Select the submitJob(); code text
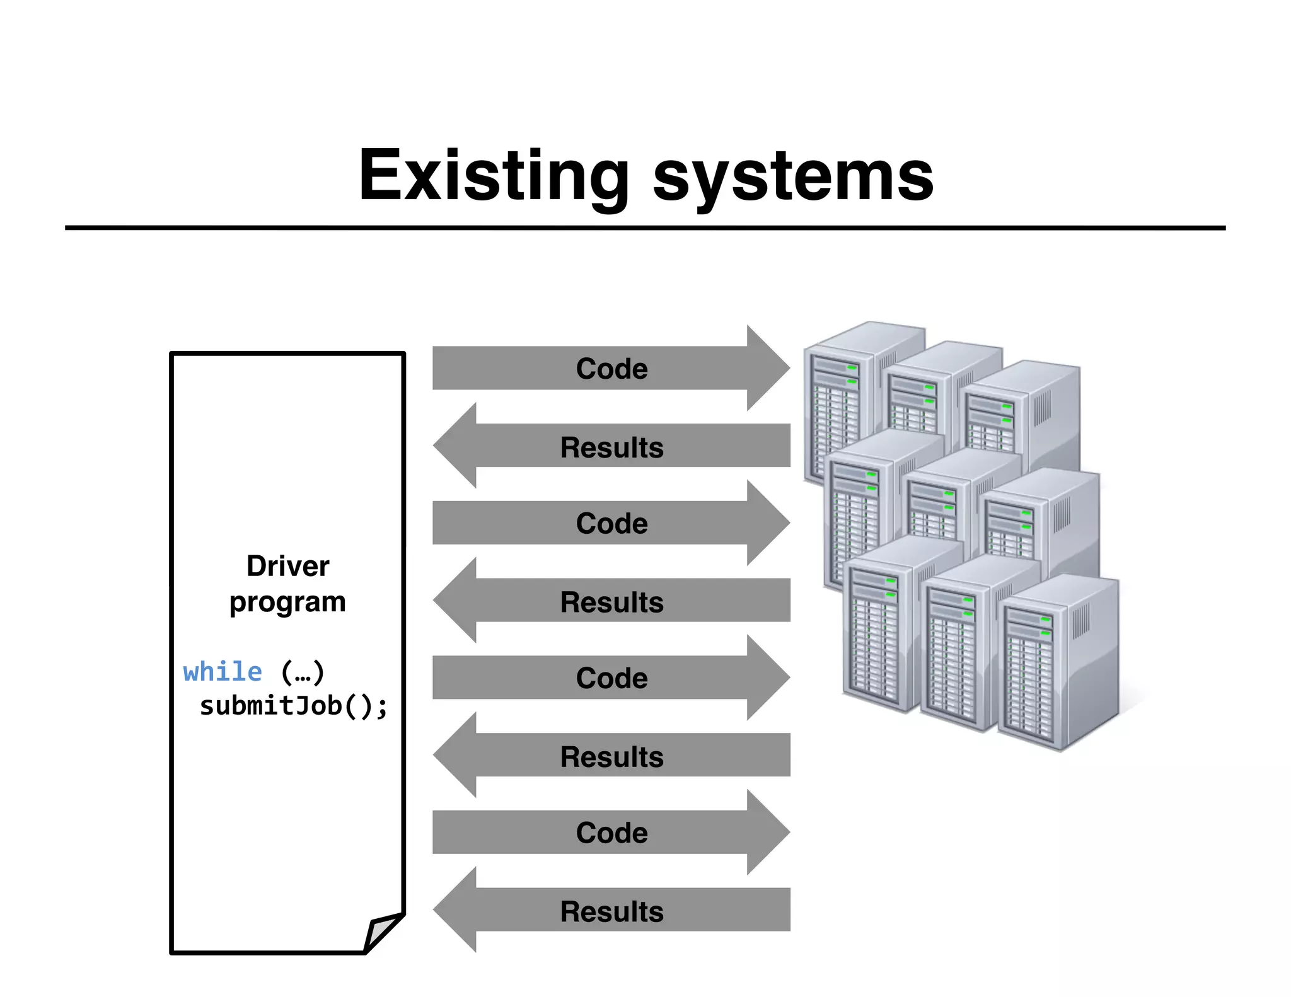click(x=293, y=705)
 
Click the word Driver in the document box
click(x=287, y=565)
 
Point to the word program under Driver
click(x=287, y=602)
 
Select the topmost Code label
click(x=611, y=369)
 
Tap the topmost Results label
click(x=611, y=447)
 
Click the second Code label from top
click(x=611, y=523)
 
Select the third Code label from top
click(x=611, y=678)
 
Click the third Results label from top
click(x=611, y=757)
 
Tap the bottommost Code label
click(x=611, y=833)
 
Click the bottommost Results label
click(x=611, y=911)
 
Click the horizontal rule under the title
click(x=645, y=228)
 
